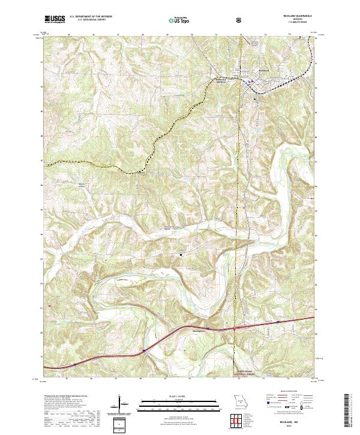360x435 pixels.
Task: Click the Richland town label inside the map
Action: pos(265,74)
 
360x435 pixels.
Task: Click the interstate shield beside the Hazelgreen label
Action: pos(207,329)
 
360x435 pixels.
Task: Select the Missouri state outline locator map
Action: pos(240,401)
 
